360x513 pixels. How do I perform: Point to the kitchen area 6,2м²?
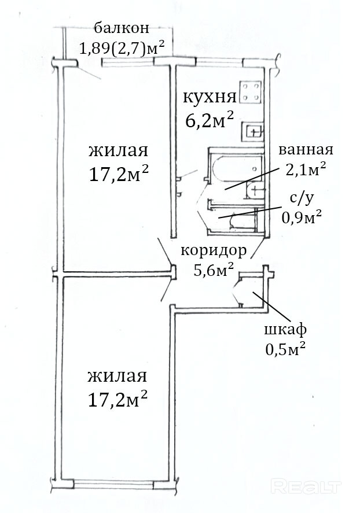tap(209, 122)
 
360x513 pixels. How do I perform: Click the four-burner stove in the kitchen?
tap(252, 91)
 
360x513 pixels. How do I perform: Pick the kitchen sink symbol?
tap(253, 132)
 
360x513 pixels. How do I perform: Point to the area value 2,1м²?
tap(305, 168)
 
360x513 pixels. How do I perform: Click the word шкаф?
tap(285, 330)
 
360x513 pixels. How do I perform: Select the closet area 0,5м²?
tap(285, 349)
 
